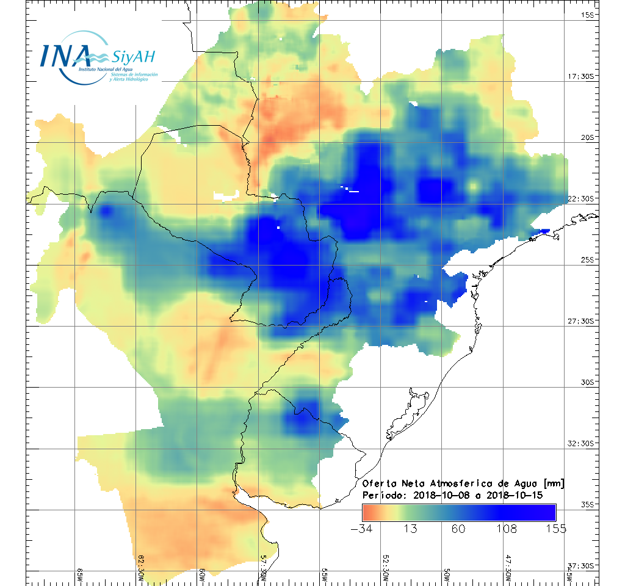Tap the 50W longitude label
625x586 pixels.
(x=447, y=574)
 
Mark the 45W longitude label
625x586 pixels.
(x=569, y=574)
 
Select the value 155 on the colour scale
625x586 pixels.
(x=555, y=529)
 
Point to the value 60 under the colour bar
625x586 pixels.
(x=458, y=529)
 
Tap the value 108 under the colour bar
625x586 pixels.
(x=507, y=529)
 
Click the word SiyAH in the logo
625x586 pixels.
(x=132, y=57)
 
